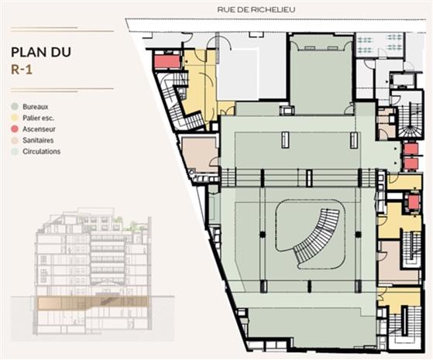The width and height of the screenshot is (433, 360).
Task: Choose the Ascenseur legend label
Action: tap(43, 129)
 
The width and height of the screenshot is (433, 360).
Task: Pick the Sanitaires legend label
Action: tap(43, 140)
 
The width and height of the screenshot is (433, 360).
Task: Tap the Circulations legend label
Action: tap(45, 152)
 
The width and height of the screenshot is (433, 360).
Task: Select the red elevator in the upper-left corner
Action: tap(167, 61)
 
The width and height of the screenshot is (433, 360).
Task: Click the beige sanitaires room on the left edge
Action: tap(199, 153)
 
